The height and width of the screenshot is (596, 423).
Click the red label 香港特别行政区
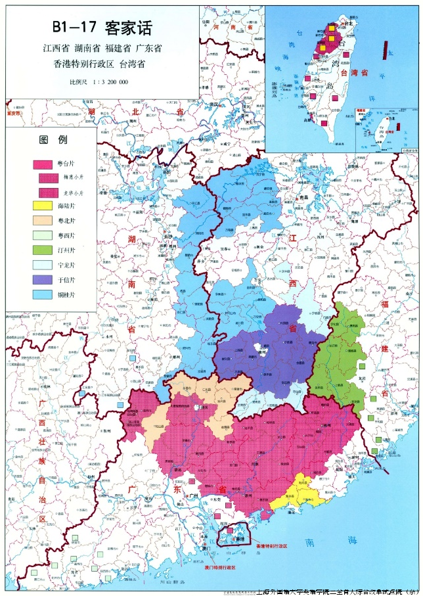pos(271,546)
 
